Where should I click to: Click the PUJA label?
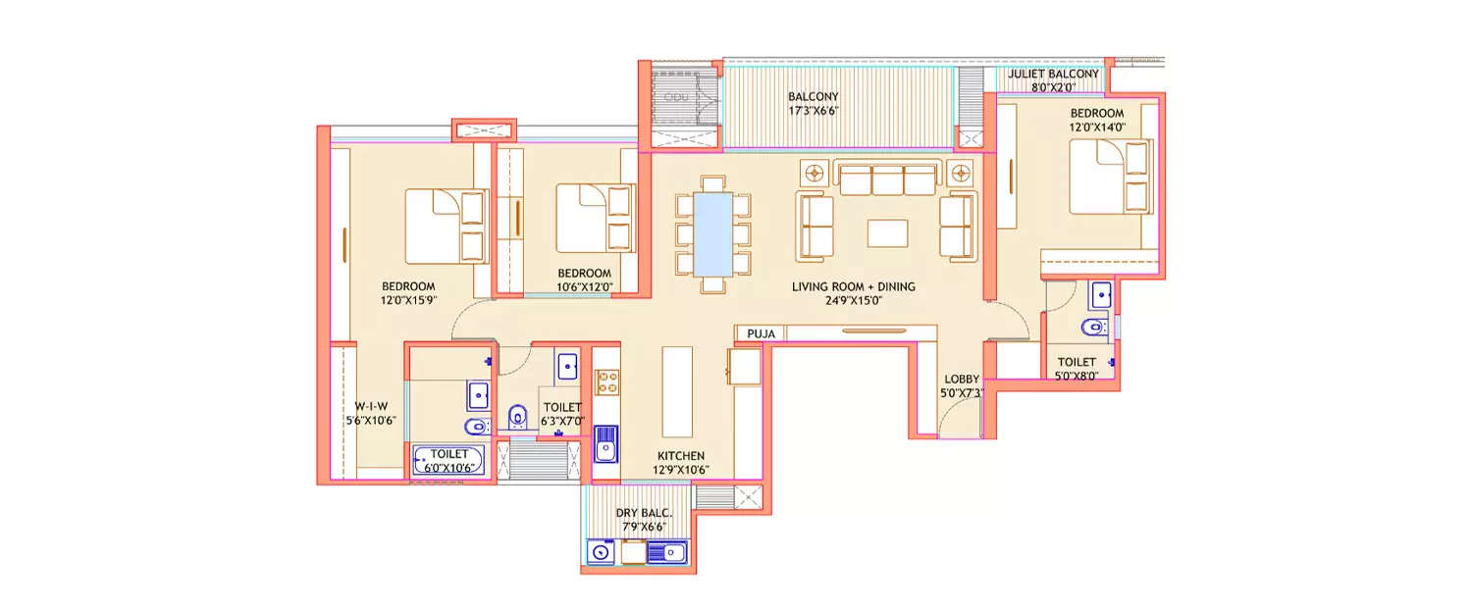click(x=761, y=333)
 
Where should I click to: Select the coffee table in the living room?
click(x=887, y=232)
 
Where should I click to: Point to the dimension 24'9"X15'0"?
click(x=854, y=302)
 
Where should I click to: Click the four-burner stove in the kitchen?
click(x=606, y=381)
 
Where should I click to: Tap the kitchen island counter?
click(x=677, y=390)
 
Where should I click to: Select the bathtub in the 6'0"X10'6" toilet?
click(x=447, y=460)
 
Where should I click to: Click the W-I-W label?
click(x=371, y=406)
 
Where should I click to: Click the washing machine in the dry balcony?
click(x=600, y=553)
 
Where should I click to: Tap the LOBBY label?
click(x=962, y=379)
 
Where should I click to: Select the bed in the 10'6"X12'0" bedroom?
click(x=593, y=218)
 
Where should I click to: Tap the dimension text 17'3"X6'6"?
click(x=813, y=111)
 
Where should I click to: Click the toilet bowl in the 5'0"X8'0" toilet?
click(x=1092, y=328)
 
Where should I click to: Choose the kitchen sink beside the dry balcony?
click(x=605, y=443)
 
